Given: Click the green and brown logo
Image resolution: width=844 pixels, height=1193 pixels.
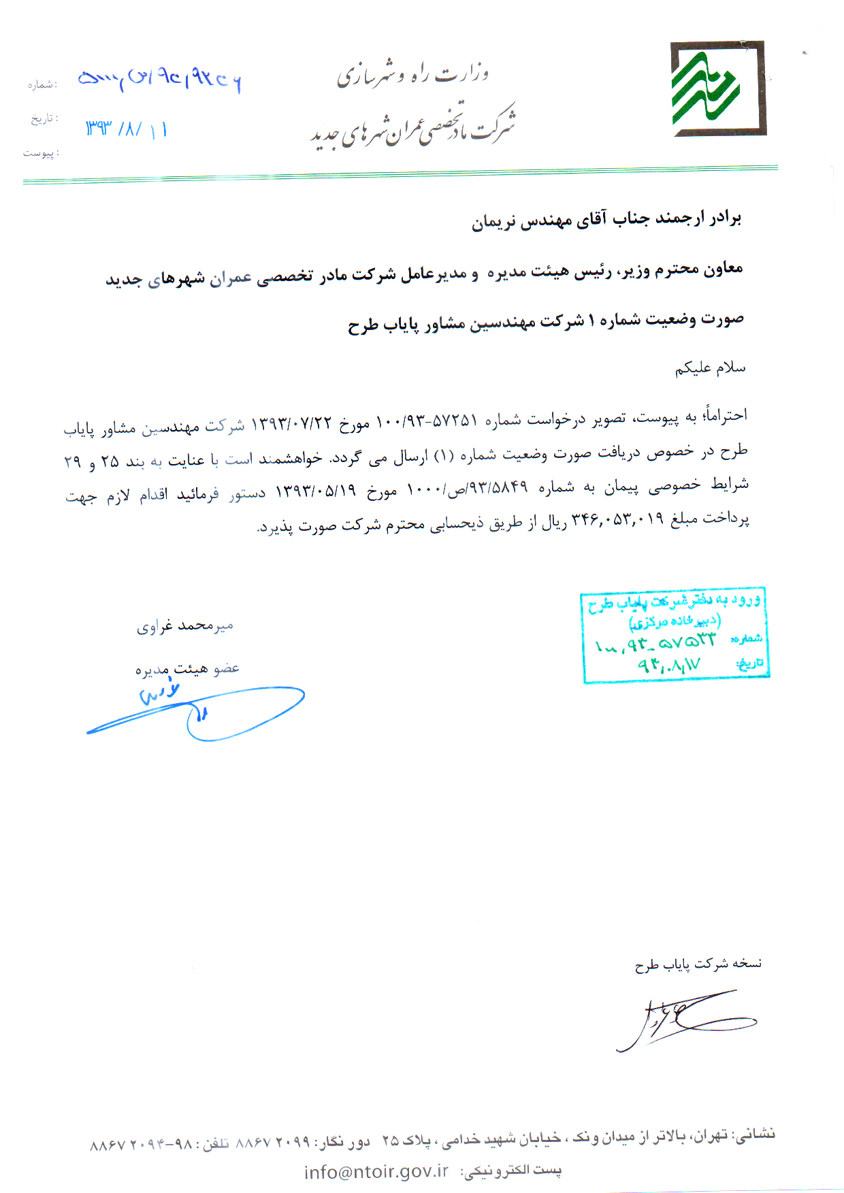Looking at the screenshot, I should click(x=717, y=88).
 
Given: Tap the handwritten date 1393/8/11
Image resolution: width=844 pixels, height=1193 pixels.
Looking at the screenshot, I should click(x=127, y=129).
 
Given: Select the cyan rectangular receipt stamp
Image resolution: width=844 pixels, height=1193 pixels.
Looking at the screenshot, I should click(x=675, y=634).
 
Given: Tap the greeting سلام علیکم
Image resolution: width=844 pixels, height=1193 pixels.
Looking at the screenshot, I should click(x=710, y=368).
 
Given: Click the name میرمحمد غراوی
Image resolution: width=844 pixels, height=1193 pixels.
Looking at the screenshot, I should click(x=185, y=625).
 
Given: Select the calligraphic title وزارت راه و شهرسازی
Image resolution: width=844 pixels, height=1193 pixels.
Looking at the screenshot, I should click(x=412, y=73).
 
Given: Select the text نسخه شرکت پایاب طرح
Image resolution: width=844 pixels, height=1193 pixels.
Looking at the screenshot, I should click(x=698, y=964).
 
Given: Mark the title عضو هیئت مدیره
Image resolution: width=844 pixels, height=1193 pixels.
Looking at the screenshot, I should click(x=187, y=669).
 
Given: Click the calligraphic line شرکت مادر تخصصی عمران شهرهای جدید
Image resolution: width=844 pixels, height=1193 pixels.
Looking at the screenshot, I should click(x=412, y=127).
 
